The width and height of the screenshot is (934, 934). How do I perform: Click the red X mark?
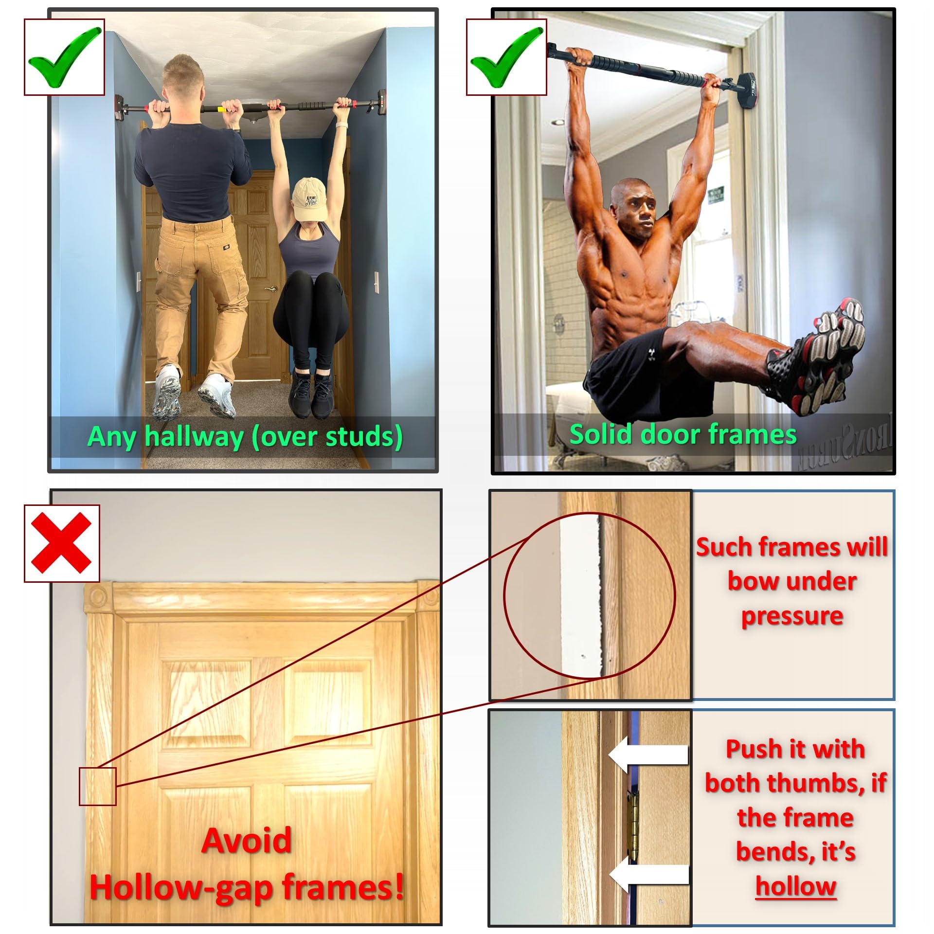coord(62,543)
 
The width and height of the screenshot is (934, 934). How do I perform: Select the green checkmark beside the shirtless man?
coord(506,57)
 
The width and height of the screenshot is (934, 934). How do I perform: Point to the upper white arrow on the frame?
coord(648,754)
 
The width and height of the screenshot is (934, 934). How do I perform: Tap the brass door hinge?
coord(632,827)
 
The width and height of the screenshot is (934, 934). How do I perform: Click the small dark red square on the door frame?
coord(98,787)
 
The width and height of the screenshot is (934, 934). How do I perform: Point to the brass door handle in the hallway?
coord(269,290)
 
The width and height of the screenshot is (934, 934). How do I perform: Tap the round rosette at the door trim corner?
coord(97,598)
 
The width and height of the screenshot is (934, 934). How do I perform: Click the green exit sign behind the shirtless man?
coord(715,196)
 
